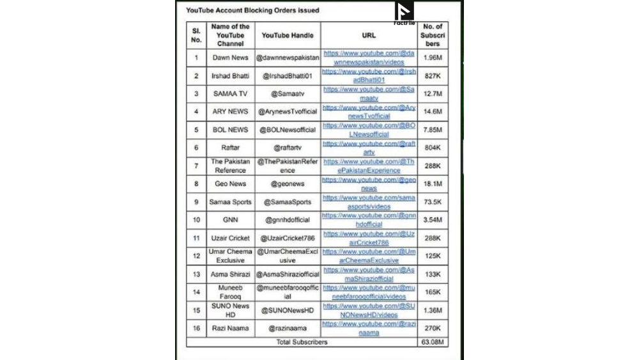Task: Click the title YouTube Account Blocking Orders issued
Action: point(252,10)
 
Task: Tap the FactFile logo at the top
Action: point(404,13)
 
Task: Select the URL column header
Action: point(369,36)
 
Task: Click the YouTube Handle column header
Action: point(288,36)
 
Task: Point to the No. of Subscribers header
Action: point(433,35)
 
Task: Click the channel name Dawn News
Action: point(230,58)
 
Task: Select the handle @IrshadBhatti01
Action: point(288,76)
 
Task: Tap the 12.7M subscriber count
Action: point(433,94)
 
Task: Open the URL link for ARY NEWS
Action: point(369,112)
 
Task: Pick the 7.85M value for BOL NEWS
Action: point(433,130)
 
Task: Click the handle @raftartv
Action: point(288,148)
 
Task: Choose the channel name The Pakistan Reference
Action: point(230,166)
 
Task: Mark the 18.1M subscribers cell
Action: point(433,184)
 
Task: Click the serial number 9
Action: point(196,202)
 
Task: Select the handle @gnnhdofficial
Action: point(288,220)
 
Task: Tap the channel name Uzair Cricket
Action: point(230,238)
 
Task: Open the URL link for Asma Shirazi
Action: point(369,274)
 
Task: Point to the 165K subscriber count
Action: point(433,292)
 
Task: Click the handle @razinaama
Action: point(288,328)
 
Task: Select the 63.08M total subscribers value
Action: point(433,342)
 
